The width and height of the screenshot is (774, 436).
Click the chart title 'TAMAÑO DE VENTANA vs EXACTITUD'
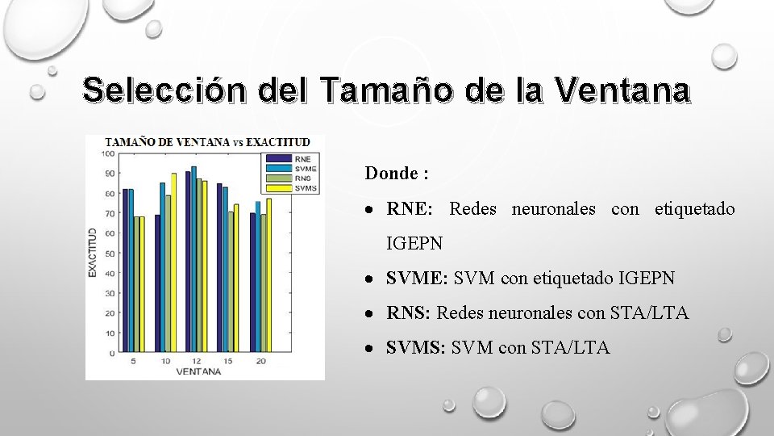coord(207,142)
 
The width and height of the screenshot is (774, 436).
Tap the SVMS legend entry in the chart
coord(291,188)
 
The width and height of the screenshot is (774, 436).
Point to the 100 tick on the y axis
coord(108,153)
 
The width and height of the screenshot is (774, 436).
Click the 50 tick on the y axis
coord(109,254)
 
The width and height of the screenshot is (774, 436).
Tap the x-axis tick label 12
coord(196,361)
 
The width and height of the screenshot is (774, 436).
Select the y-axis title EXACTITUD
coord(94,254)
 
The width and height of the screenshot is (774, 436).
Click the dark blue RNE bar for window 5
coord(126,271)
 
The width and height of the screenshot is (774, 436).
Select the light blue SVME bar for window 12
coord(193,260)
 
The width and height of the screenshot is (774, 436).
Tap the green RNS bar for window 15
coord(231,283)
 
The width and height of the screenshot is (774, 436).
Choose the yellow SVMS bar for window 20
coord(268,275)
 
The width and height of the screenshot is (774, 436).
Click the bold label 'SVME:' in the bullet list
coord(417,279)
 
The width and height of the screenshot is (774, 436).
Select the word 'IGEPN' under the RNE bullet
coord(414,243)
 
